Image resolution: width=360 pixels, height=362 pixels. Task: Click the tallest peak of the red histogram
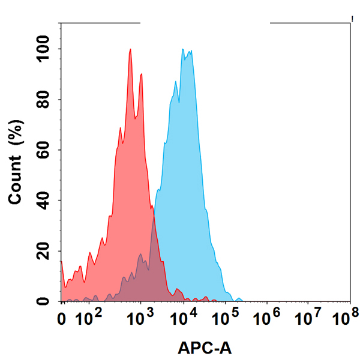tap(130, 50)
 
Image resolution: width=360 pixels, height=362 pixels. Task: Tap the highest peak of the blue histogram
tap(182, 50)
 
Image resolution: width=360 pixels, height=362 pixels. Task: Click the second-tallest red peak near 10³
tap(141, 74)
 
